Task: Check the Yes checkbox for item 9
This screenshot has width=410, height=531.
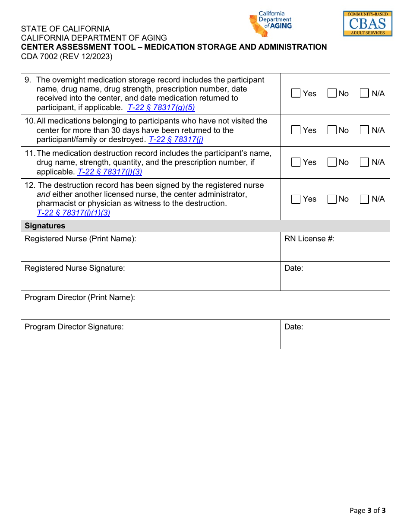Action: (x=296, y=93)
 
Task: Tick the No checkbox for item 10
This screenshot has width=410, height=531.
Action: (x=332, y=130)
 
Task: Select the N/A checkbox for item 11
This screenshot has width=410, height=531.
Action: (x=365, y=162)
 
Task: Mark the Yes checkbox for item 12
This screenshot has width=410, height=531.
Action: (x=296, y=199)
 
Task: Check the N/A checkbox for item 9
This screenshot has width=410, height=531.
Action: (x=365, y=93)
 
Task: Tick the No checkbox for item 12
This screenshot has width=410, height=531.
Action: (x=332, y=199)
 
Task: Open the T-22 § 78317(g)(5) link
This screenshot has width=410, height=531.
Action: (x=161, y=107)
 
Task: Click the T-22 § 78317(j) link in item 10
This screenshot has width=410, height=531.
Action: (x=176, y=139)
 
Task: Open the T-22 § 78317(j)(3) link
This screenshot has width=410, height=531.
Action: (x=110, y=172)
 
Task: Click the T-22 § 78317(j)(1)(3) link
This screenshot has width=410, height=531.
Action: (x=73, y=212)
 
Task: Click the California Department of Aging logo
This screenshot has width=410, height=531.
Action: (x=270, y=24)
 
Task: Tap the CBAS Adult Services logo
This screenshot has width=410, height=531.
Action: (x=367, y=23)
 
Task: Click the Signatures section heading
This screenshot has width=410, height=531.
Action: (x=45, y=226)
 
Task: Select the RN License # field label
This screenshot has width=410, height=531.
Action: (x=309, y=239)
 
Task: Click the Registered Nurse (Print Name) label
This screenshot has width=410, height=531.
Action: (x=80, y=239)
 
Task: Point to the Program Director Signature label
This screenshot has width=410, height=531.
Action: (x=74, y=327)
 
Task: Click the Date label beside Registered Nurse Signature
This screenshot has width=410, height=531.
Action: (x=293, y=268)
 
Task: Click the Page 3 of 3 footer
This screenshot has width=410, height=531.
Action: (x=367, y=510)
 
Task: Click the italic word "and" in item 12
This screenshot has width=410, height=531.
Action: (x=43, y=194)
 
